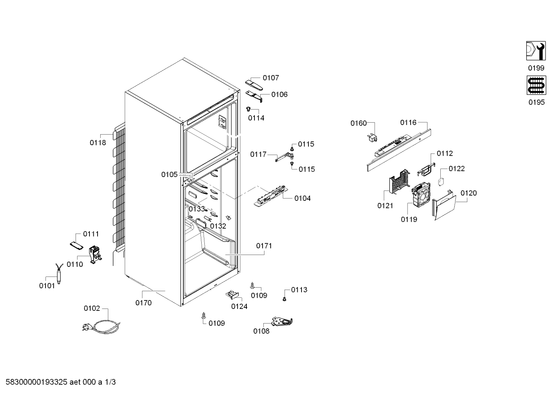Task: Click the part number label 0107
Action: click(x=271, y=78)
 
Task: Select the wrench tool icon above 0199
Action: click(x=536, y=51)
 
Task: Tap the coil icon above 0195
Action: click(x=536, y=85)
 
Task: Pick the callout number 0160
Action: click(x=359, y=123)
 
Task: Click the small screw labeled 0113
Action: click(x=285, y=299)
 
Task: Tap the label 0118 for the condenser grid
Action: click(x=98, y=143)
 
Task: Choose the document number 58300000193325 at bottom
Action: click(x=36, y=382)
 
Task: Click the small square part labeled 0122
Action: click(x=441, y=182)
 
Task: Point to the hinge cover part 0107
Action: click(x=254, y=85)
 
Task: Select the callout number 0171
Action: click(x=264, y=246)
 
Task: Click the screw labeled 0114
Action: click(x=248, y=109)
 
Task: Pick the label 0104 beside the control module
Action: click(x=302, y=198)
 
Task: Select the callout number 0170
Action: click(x=143, y=303)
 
